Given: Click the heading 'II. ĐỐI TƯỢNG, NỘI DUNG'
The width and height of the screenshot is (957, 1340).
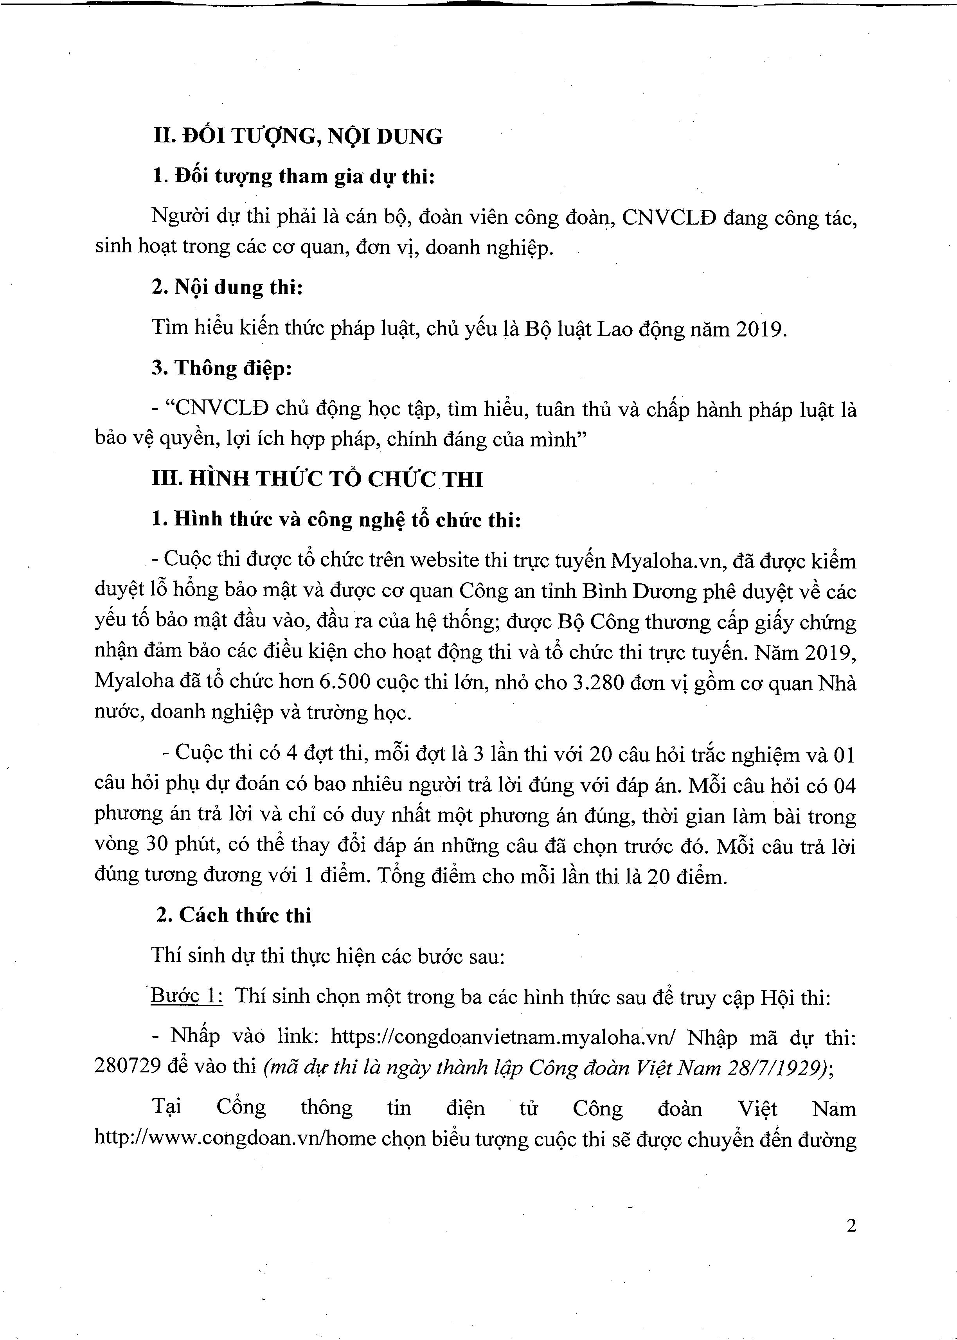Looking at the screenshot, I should (x=298, y=137).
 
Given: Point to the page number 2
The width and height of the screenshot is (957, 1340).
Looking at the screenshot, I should (x=850, y=1226).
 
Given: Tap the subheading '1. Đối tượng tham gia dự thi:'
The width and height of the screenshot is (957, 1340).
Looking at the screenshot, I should (x=293, y=176).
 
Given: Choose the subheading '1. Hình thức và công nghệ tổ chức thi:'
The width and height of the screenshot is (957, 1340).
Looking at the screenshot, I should (x=336, y=519).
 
